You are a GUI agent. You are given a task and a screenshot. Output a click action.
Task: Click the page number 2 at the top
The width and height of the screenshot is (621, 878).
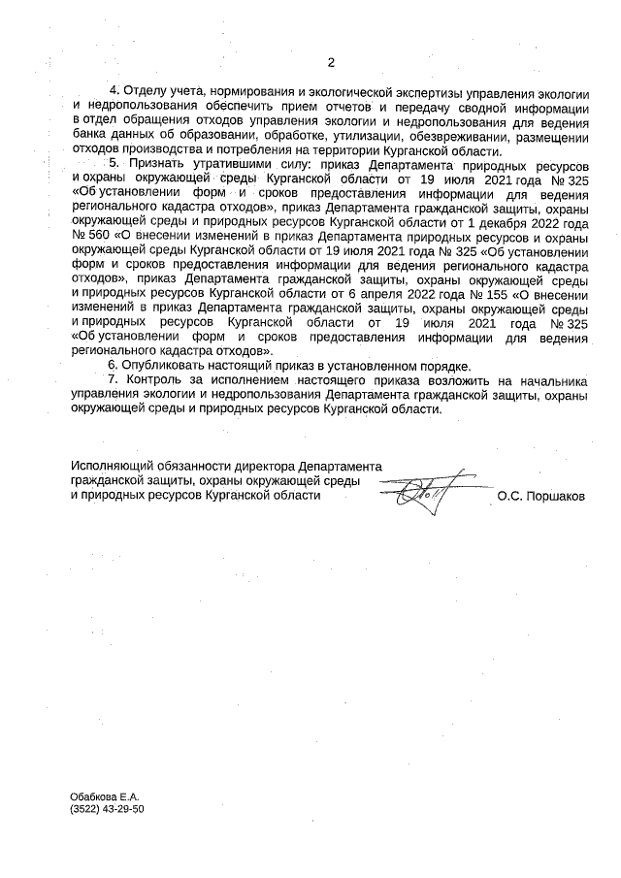click(x=331, y=63)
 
